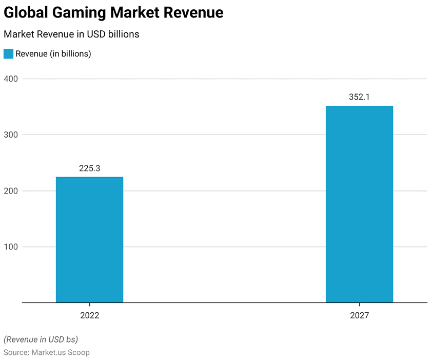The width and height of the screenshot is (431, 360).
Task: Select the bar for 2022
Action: click(x=89, y=240)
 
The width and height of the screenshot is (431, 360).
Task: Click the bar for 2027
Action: click(x=359, y=204)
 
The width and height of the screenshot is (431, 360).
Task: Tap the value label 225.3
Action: click(x=89, y=168)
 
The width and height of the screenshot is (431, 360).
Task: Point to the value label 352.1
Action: click(x=359, y=97)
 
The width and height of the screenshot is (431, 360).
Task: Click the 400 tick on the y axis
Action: click(x=11, y=79)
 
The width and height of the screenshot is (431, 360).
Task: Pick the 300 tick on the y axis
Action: click(x=11, y=135)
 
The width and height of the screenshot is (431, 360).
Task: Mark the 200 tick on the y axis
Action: click(x=11, y=191)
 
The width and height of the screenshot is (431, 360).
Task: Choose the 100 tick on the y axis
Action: click(x=11, y=247)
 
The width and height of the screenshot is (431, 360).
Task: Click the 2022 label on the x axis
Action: click(x=89, y=315)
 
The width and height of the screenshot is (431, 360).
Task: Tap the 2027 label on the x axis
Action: click(x=359, y=315)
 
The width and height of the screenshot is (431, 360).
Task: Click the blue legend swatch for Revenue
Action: click(x=8, y=54)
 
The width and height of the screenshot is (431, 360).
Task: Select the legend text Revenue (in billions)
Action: click(x=53, y=54)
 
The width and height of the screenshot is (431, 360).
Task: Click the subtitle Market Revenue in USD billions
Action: click(x=71, y=34)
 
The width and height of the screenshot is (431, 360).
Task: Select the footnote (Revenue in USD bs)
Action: click(x=41, y=339)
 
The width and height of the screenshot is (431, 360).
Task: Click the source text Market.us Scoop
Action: click(x=61, y=352)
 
